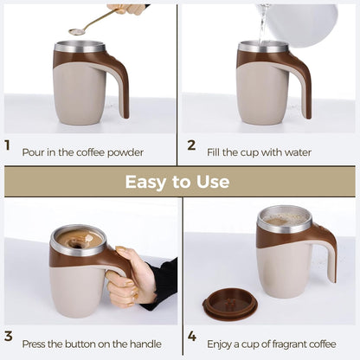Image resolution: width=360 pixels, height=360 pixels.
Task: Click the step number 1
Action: [x=8, y=145]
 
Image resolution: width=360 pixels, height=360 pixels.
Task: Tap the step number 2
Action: [x=191, y=145]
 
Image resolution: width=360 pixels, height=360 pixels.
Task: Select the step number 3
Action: [x=9, y=336]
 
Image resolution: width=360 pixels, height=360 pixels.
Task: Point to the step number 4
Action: [x=192, y=336]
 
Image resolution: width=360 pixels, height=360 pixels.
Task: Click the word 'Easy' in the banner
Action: [x=146, y=183]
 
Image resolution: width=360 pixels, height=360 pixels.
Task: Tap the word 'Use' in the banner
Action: [x=213, y=182]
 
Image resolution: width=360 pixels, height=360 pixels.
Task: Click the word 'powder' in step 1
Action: [x=125, y=153]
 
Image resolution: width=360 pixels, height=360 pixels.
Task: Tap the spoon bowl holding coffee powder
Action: [x=77, y=32]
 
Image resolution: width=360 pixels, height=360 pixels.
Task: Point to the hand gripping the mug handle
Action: [x=132, y=274]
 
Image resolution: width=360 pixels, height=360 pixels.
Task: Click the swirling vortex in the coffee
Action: [x=77, y=245]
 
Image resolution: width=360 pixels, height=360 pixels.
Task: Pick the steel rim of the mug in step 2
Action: [x=263, y=47]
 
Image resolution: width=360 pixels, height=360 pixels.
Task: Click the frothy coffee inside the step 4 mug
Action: [x=285, y=220]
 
